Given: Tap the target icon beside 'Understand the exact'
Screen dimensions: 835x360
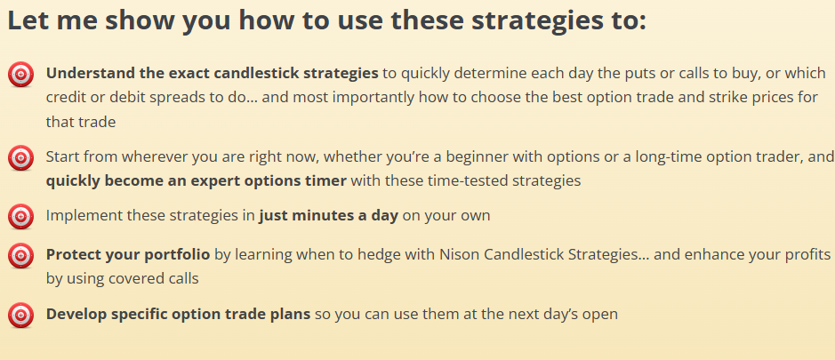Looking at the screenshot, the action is [21, 75].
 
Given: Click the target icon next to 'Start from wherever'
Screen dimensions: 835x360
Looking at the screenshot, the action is [21, 157].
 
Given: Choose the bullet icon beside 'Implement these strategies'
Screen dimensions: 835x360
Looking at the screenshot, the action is [21, 217].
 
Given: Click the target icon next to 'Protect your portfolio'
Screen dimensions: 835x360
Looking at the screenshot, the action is [21, 256].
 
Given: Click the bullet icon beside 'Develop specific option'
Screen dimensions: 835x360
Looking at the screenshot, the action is [21, 315].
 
